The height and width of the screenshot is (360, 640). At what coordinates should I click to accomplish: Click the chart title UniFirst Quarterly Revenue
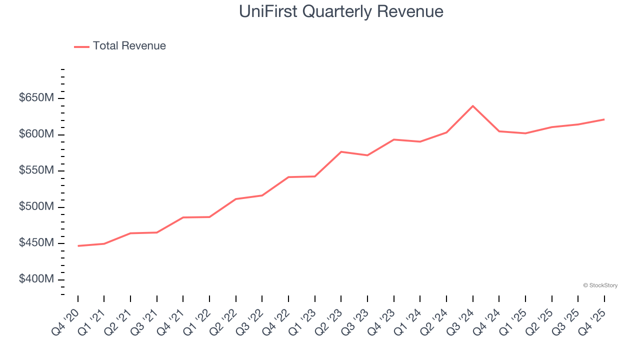[x=341, y=11]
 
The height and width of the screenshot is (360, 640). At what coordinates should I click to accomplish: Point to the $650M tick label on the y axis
[x=36, y=98]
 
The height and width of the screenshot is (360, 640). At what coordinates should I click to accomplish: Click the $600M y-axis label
[x=36, y=134]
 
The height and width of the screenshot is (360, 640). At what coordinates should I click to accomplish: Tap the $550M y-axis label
[x=36, y=170]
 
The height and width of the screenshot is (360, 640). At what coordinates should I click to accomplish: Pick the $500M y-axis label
[x=36, y=207]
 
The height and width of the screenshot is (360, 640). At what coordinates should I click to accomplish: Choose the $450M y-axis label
[x=36, y=243]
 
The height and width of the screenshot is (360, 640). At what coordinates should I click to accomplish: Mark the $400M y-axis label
[x=36, y=279]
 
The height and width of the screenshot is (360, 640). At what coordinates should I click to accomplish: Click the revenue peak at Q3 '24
[x=472, y=106]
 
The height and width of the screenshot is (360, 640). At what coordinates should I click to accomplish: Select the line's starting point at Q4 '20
[x=78, y=246]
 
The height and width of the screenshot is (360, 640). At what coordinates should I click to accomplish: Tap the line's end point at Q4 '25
[x=604, y=119]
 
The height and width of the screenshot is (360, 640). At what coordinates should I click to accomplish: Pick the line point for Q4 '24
[x=499, y=131]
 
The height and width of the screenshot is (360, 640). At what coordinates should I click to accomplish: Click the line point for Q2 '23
[x=341, y=151]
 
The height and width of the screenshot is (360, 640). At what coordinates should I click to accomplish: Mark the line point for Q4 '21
[x=183, y=217]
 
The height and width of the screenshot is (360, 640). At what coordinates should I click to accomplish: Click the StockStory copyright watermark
[x=600, y=285]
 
